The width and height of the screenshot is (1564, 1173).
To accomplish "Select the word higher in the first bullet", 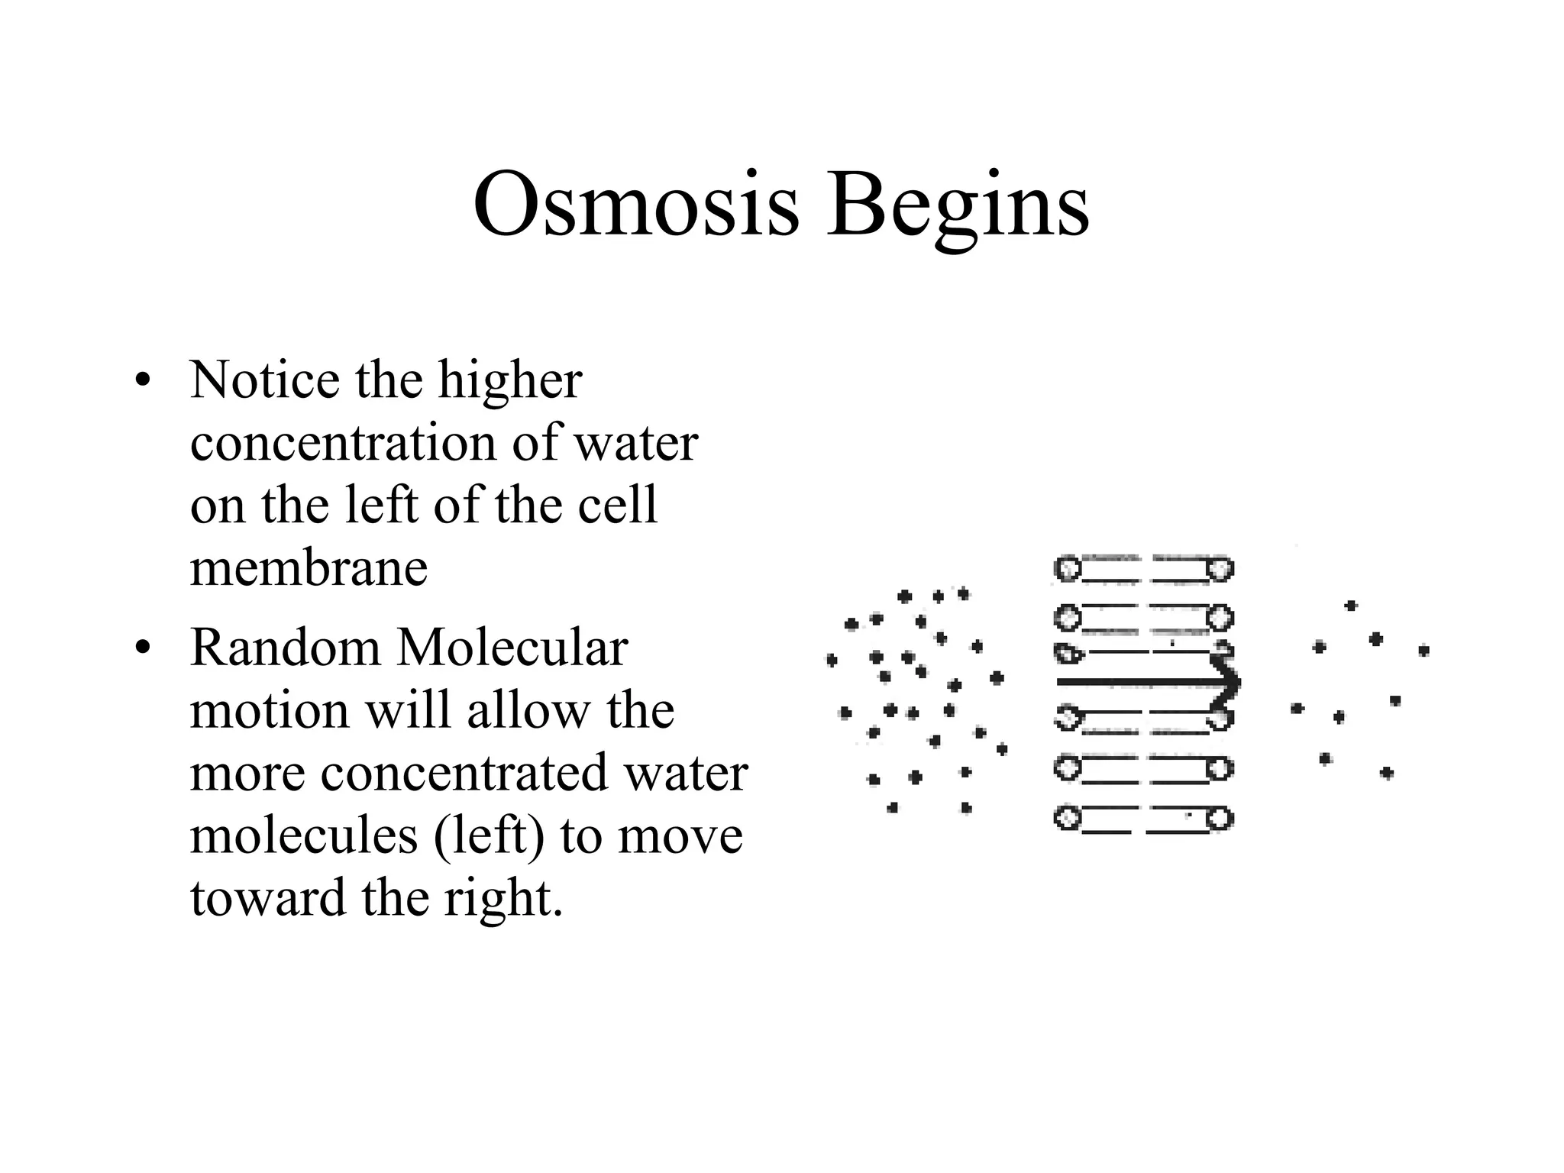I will (510, 381).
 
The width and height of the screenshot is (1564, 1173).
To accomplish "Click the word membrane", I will (309, 568).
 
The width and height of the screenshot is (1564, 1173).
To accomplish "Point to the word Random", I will (285, 648).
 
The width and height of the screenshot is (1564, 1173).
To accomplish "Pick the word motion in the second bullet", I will (270, 711).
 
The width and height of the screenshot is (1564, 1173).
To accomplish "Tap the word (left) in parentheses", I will (490, 835).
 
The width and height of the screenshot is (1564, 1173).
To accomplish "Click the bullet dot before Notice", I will (141, 380).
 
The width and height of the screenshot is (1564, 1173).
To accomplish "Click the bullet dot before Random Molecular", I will (141, 648).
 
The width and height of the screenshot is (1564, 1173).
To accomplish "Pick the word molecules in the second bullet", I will (304, 835).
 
